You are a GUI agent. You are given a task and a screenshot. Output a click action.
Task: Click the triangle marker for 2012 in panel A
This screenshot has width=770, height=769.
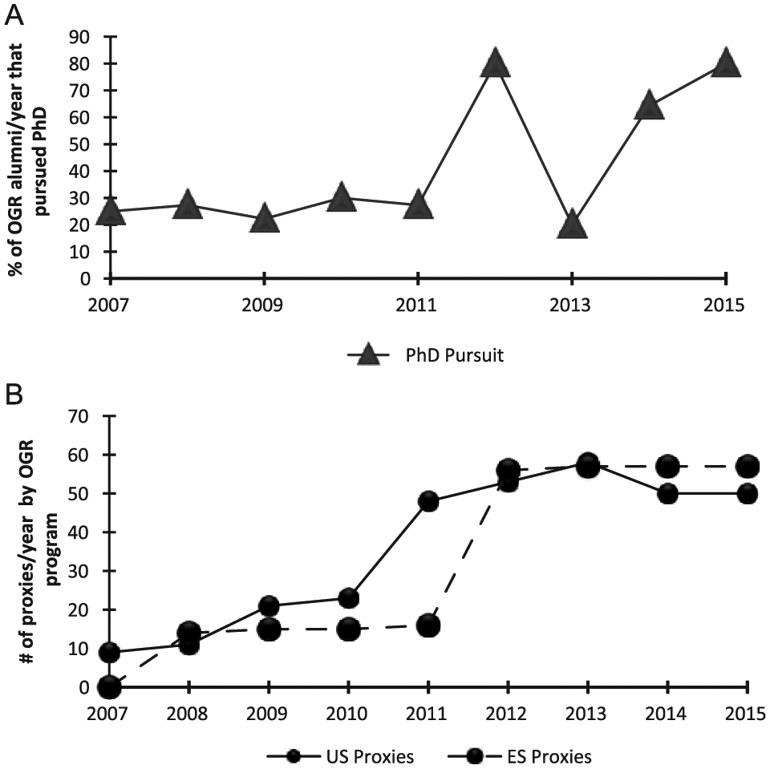495,63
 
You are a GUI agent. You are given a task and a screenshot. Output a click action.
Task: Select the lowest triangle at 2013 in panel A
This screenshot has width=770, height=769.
572,224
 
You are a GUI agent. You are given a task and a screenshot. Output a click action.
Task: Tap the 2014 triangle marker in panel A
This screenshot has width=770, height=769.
649,104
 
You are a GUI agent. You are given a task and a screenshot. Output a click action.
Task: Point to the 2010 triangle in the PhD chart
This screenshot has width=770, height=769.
342,197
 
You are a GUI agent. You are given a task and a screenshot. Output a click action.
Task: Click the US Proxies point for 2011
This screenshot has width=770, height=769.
428,501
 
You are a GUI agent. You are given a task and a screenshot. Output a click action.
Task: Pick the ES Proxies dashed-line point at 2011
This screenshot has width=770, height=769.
428,625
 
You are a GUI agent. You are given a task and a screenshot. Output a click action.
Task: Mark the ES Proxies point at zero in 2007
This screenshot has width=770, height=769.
109,687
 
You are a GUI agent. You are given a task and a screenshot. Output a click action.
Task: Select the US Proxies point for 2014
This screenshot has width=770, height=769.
668,493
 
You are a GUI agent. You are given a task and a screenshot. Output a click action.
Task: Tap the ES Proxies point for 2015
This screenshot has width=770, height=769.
748,467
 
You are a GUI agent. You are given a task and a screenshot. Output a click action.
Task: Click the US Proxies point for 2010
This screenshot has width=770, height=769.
349,598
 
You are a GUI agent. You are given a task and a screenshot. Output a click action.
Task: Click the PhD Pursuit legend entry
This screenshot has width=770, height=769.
426,354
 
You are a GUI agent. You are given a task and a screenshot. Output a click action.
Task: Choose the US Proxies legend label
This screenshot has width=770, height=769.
370,756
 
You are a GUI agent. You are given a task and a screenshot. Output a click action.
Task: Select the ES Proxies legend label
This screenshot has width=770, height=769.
549,756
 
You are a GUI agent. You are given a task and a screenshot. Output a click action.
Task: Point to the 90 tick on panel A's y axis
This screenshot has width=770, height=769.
79,37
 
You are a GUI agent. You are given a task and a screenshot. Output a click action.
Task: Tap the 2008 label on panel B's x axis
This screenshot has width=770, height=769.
187,714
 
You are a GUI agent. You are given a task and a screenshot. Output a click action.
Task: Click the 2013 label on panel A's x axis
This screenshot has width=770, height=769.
570,305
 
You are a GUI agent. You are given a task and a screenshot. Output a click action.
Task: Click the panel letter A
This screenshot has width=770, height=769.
14,16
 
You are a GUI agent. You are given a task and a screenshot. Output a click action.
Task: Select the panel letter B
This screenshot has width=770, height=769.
14,394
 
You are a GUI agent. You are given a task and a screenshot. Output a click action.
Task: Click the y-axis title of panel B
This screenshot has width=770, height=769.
40,550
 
